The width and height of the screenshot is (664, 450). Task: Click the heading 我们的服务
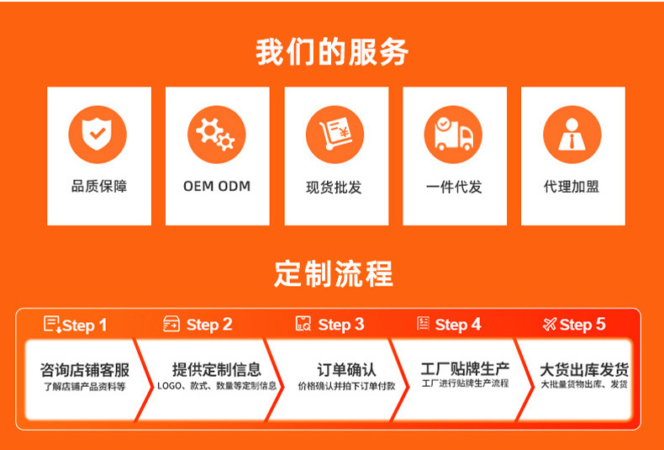tap(332, 52)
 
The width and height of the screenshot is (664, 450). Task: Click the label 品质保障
tap(98, 186)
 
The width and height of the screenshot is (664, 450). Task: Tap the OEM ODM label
tap(217, 186)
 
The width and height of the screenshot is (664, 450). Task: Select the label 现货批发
tap(335, 187)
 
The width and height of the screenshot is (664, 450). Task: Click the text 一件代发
tap(454, 187)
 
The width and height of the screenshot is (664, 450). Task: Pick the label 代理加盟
tap(572, 186)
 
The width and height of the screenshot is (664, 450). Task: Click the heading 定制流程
tap(333, 273)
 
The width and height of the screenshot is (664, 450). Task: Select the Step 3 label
tap(341, 325)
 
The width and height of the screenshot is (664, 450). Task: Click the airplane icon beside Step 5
tap(550, 324)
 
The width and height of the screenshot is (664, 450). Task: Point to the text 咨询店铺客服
tap(85, 370)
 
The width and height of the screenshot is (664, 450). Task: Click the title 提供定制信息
tap(217, 369)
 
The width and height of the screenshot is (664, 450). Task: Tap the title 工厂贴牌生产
tap(465, 368)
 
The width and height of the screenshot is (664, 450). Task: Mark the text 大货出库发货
tap(584, 369)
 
